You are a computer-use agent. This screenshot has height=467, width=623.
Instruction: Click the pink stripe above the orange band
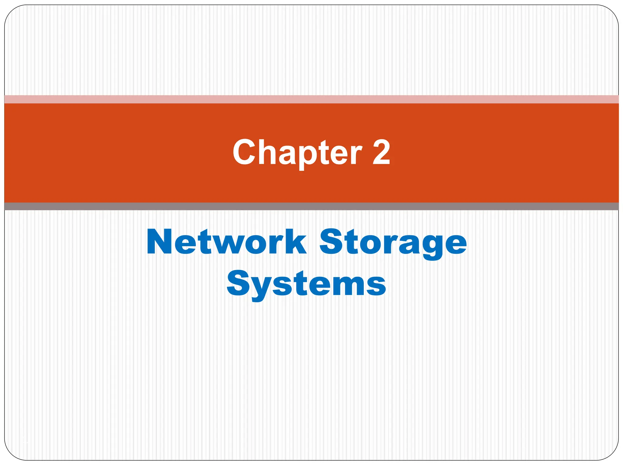311,99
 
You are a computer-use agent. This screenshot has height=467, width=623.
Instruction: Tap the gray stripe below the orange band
311,206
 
